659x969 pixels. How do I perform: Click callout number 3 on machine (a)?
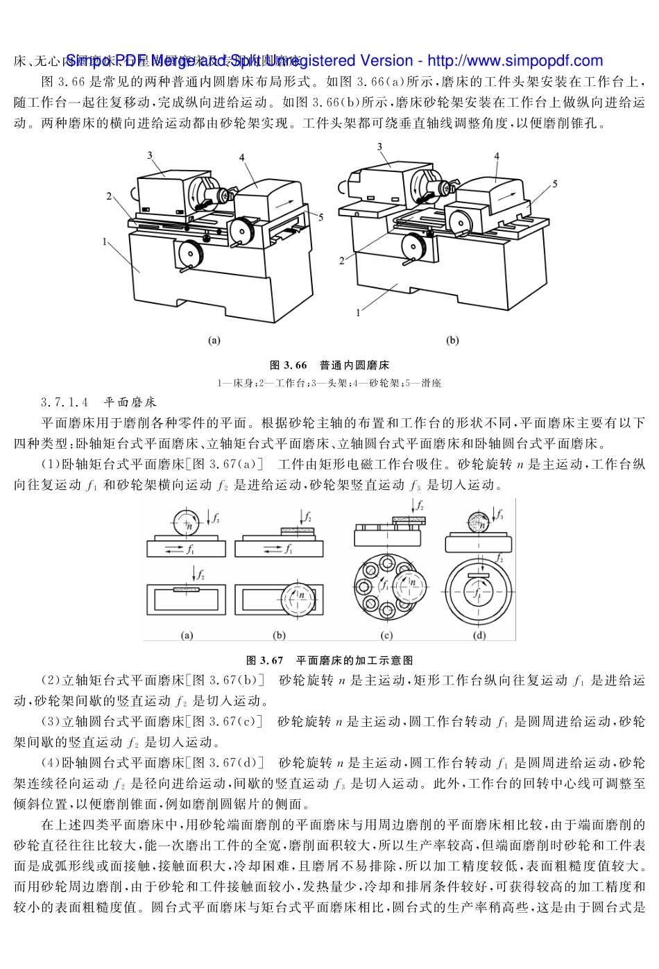[150, 155]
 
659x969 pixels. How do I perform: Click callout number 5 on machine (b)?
[555, 184]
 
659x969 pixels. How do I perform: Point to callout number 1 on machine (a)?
[104, 242]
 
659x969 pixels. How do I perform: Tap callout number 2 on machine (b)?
[342, 261]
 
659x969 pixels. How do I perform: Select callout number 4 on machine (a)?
[242, 157]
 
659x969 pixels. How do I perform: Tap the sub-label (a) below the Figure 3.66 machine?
[214, 341]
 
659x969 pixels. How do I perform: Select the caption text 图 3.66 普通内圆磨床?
[329, 365]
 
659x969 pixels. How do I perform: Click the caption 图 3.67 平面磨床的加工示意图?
[329, 660]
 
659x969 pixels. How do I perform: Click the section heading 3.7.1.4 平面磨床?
[99, 402]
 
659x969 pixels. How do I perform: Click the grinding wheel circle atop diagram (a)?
[186, 523]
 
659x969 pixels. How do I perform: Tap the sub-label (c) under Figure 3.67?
[386, 635]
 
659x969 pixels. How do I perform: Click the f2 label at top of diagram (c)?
[420, 506]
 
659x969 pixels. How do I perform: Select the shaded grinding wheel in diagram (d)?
[479, 520]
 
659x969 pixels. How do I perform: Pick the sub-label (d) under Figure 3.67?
[479, 635]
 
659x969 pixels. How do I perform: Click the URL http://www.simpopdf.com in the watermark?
[515, 61]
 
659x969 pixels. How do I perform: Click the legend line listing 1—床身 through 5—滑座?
[329, 383]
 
